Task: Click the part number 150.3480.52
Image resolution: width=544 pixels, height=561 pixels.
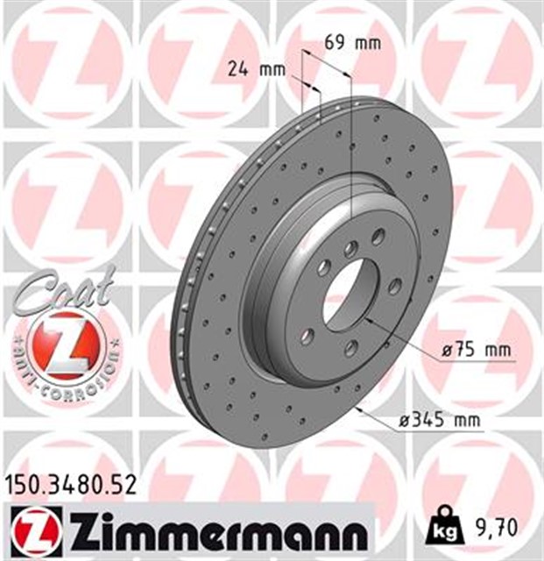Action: tap(69, 482)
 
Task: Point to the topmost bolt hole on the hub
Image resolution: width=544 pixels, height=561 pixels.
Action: tap(378, 235)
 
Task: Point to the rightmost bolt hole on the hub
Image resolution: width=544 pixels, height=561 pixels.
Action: tap(395, 285)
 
